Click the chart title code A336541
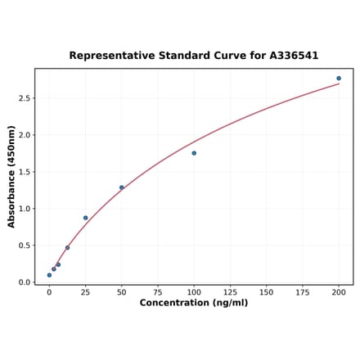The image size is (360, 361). (289, 56)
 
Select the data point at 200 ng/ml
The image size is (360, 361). (339, 79)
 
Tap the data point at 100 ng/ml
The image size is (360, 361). (194, 153)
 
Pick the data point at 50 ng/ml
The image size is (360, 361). (122, 187)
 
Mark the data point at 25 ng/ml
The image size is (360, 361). (85, 218)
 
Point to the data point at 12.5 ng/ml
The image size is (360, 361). (67, 247)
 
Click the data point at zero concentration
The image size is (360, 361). (49, 275)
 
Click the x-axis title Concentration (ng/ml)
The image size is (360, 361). (194, 303)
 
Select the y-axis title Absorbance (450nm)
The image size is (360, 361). (11, 176)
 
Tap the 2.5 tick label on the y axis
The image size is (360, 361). (25, 98)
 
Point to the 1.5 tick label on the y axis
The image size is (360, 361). (25, 172)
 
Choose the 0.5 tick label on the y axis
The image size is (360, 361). (25, 246)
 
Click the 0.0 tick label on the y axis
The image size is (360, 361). (25, 282)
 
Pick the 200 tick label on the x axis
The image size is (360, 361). (339, 291)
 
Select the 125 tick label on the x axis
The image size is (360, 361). (230, 291)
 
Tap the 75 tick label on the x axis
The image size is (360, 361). (158, 291)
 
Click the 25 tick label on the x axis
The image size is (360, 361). (85, 291)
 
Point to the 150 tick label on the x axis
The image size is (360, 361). (266, 291)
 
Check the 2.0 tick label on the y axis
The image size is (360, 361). (25, 135)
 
